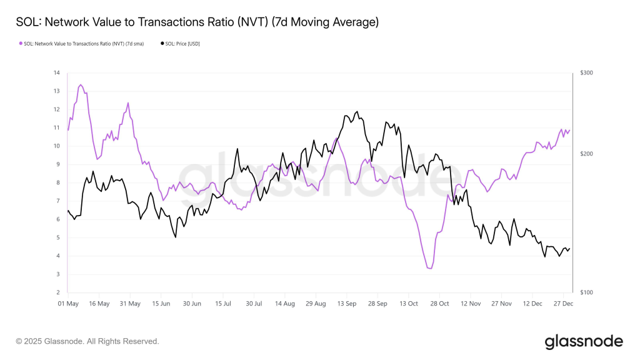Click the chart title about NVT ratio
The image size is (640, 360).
[x=197, y=22]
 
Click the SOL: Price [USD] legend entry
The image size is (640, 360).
[x=182, y=44]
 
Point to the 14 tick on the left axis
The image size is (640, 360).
[x=57, y=73]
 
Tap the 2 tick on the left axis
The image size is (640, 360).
[x=57, y=292]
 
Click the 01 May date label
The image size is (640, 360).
[x=68, y=304]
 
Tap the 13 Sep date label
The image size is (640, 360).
[x=346, y=304]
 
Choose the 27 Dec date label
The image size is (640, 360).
[x=563, y=304]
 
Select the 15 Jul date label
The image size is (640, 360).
[x=223, y=304]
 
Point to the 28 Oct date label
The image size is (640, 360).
[x=439, y=304]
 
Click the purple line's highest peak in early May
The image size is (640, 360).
[x=81, y=84]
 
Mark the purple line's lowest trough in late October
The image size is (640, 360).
[x=429, y=269]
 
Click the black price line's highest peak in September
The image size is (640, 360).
[x=357, y=111]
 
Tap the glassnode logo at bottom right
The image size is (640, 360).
[x=584, y=341]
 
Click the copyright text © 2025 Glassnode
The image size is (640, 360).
[x=87, y=341]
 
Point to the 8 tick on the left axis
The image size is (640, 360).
[x=57, y=183]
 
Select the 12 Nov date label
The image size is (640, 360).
[x=470, y=304]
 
